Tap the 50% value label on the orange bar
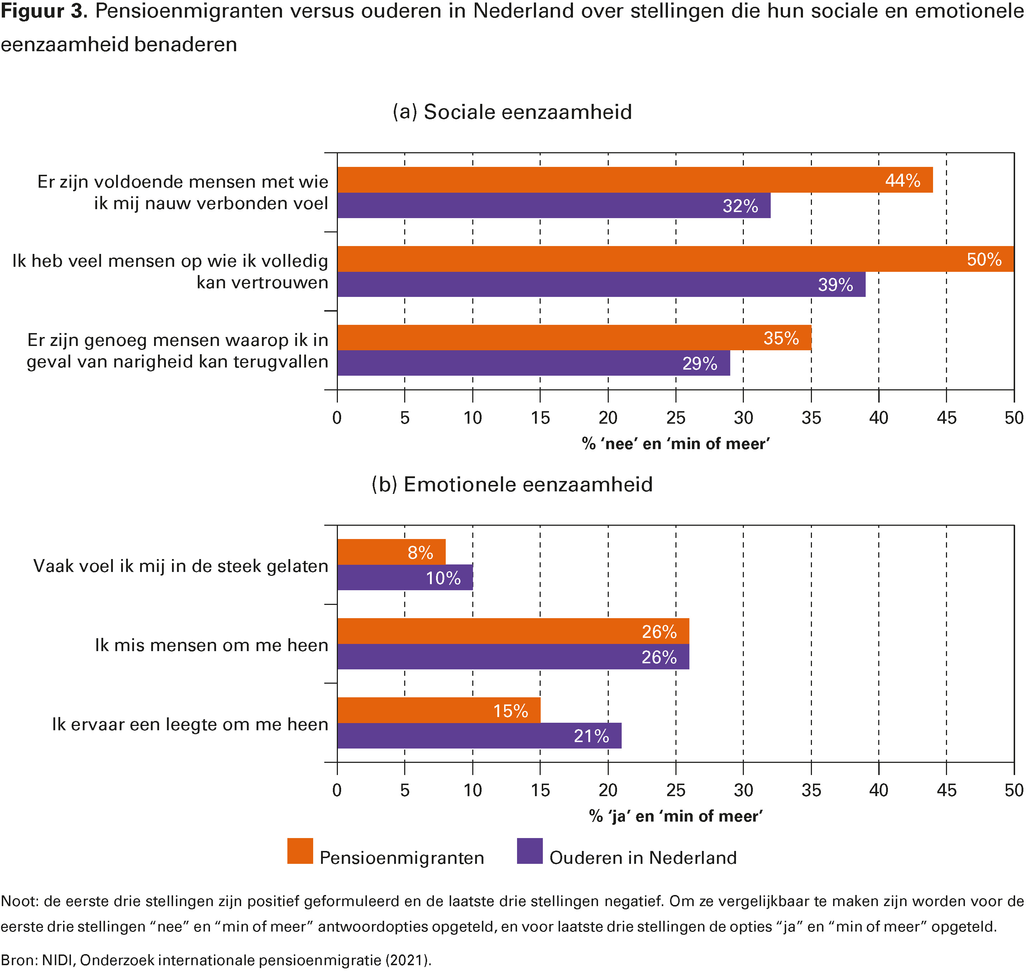click(x=984, y=259)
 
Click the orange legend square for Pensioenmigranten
click(x=300, y=851)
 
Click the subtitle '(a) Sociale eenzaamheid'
click(x=512, y=112)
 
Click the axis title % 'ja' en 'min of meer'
click(x=675, y=817)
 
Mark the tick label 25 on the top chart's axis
click(x=675, y=418)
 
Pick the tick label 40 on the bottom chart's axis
click(x=879, y=790)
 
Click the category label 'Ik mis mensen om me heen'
click(x=211, y=645)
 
